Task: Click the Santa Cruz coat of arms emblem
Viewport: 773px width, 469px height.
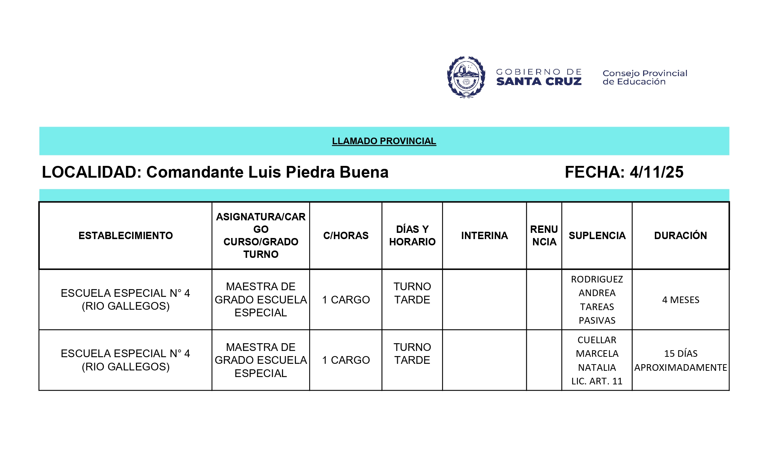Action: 466,77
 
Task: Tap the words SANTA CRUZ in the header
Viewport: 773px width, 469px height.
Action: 539,82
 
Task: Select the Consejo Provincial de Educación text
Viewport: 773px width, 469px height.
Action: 645,77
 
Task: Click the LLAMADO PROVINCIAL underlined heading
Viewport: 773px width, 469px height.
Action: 384,141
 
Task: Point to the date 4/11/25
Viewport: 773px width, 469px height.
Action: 656,172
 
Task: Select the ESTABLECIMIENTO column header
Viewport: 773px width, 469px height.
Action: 126,236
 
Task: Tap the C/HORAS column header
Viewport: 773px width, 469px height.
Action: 346,236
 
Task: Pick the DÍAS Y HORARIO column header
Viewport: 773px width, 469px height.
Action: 412,235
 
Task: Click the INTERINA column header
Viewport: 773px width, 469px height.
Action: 484,236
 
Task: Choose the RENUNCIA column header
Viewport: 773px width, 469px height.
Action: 544,235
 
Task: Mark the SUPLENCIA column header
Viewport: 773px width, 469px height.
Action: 597,236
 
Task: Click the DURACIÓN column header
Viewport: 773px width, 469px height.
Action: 680,236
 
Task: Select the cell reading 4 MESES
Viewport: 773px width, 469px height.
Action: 681,300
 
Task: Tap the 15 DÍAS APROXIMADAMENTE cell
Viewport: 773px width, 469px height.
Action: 681,360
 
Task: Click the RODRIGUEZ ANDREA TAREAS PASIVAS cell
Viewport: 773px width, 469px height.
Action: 597,300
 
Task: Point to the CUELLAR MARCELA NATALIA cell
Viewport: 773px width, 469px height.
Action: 597,360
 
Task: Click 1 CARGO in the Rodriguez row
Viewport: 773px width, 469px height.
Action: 346,300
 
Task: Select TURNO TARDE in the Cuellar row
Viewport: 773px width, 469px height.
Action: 412,353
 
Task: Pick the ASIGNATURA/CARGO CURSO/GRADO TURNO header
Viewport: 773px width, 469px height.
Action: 261,235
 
